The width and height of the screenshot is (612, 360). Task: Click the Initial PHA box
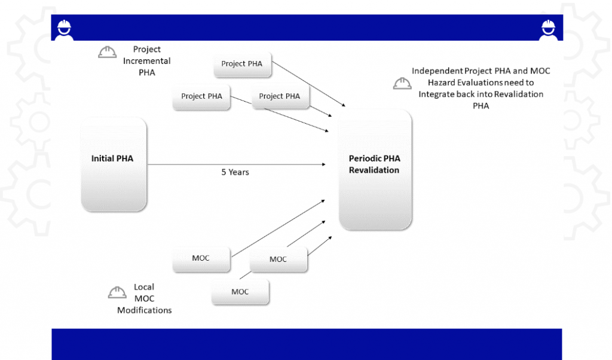point(114,164)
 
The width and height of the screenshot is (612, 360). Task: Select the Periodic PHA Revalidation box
point(375,169)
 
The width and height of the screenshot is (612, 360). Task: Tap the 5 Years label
point(235,172)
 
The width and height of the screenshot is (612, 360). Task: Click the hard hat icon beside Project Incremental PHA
point(108,53)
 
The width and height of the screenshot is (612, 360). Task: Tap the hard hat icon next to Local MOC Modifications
point(117,292)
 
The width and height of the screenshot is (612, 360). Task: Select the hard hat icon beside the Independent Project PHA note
point(402,84)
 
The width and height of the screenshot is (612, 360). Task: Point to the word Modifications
point(144,310)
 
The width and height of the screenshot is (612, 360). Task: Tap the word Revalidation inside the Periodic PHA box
point(374,170)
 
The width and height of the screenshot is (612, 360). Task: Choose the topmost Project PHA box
point(242,64)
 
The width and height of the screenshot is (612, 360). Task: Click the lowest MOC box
point(240,292)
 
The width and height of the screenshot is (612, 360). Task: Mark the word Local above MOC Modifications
point(144,287)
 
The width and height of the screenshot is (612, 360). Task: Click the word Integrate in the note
point(439,94)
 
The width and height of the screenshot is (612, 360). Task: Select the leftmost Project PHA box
point(201,96)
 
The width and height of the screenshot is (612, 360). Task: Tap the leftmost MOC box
point(201,258)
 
